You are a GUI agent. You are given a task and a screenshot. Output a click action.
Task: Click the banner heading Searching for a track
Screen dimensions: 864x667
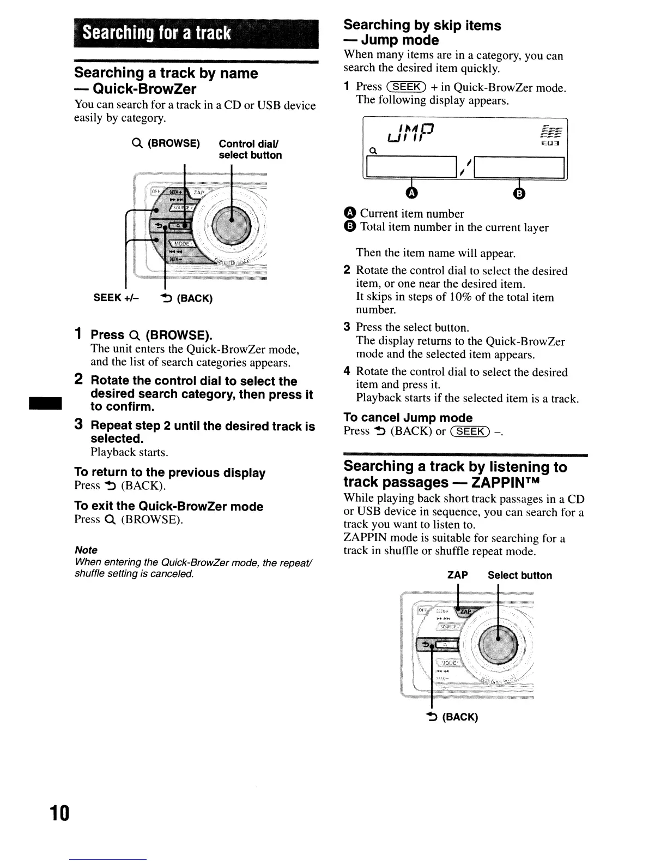pos(157,34)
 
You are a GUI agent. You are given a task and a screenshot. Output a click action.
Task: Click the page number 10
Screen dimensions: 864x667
pos(59,813)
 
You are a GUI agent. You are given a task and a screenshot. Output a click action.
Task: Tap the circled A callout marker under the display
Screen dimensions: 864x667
pos(412,193)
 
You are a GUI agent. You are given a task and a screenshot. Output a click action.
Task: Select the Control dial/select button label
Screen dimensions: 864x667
pos(250,149)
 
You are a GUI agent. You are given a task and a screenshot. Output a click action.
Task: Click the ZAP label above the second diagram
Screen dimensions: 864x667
pos(457,575)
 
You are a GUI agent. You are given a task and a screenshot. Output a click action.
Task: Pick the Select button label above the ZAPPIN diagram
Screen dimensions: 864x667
pos(519,575)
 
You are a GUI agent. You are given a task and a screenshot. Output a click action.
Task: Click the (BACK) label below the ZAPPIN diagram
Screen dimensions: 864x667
pos(459,717)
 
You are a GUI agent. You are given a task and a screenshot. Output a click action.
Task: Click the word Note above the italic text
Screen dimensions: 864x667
pos(86,550)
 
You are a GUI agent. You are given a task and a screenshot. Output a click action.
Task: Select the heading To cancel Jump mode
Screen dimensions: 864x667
pos(408,418)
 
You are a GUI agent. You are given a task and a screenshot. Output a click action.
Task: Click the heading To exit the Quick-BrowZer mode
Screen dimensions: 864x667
pos(168,506)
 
